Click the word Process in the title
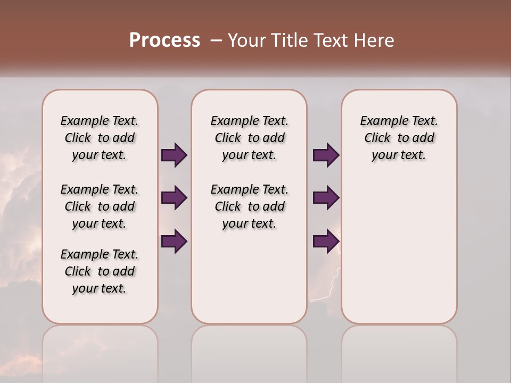tap(164, 40)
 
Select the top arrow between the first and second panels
tap(174, 155)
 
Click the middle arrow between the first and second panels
tap(174, 198)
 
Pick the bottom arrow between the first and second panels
tap(174, 242)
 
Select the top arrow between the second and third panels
tap(326, 155)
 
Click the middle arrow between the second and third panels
tap(326, 198)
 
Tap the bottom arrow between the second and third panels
tap(326, 242)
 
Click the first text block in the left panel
tap(100, 138)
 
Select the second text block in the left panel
tap(100, 206)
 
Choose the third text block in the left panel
tap(100, 271)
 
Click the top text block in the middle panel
tap(249, 138)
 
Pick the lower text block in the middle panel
tap(249, 206)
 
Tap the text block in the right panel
tap(399, 138)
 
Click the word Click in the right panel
tap(377, 138)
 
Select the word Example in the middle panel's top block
tap(229, 121)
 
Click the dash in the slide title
tap(216, 40)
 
